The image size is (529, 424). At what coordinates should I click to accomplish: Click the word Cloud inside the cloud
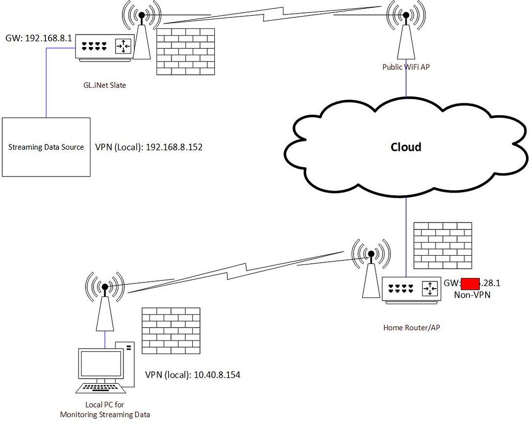406,147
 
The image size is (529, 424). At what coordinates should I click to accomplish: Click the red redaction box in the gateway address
470,283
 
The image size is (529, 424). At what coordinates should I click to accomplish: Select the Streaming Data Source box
46,147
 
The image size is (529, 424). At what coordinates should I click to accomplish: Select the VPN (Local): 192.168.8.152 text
149,147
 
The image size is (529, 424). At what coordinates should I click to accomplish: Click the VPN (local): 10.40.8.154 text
192,374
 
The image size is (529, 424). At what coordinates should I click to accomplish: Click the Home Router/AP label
411,327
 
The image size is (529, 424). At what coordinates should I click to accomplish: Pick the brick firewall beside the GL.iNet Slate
185,51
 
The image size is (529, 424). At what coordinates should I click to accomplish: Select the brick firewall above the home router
443,246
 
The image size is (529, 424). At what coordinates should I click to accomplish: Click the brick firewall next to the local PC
171,331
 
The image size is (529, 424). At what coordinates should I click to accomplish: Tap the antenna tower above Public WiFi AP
406,36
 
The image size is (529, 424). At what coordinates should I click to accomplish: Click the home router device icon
412,289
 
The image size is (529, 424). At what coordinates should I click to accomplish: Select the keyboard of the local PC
99,388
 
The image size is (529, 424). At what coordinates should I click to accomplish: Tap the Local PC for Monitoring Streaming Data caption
105,410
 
